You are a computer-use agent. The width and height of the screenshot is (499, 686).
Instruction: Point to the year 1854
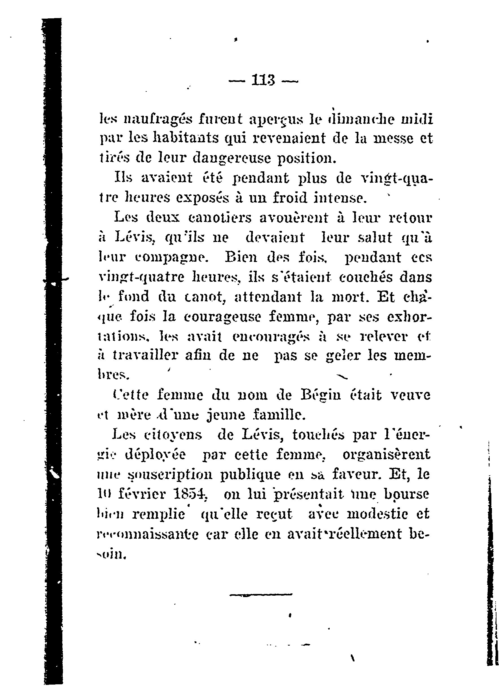191,495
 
